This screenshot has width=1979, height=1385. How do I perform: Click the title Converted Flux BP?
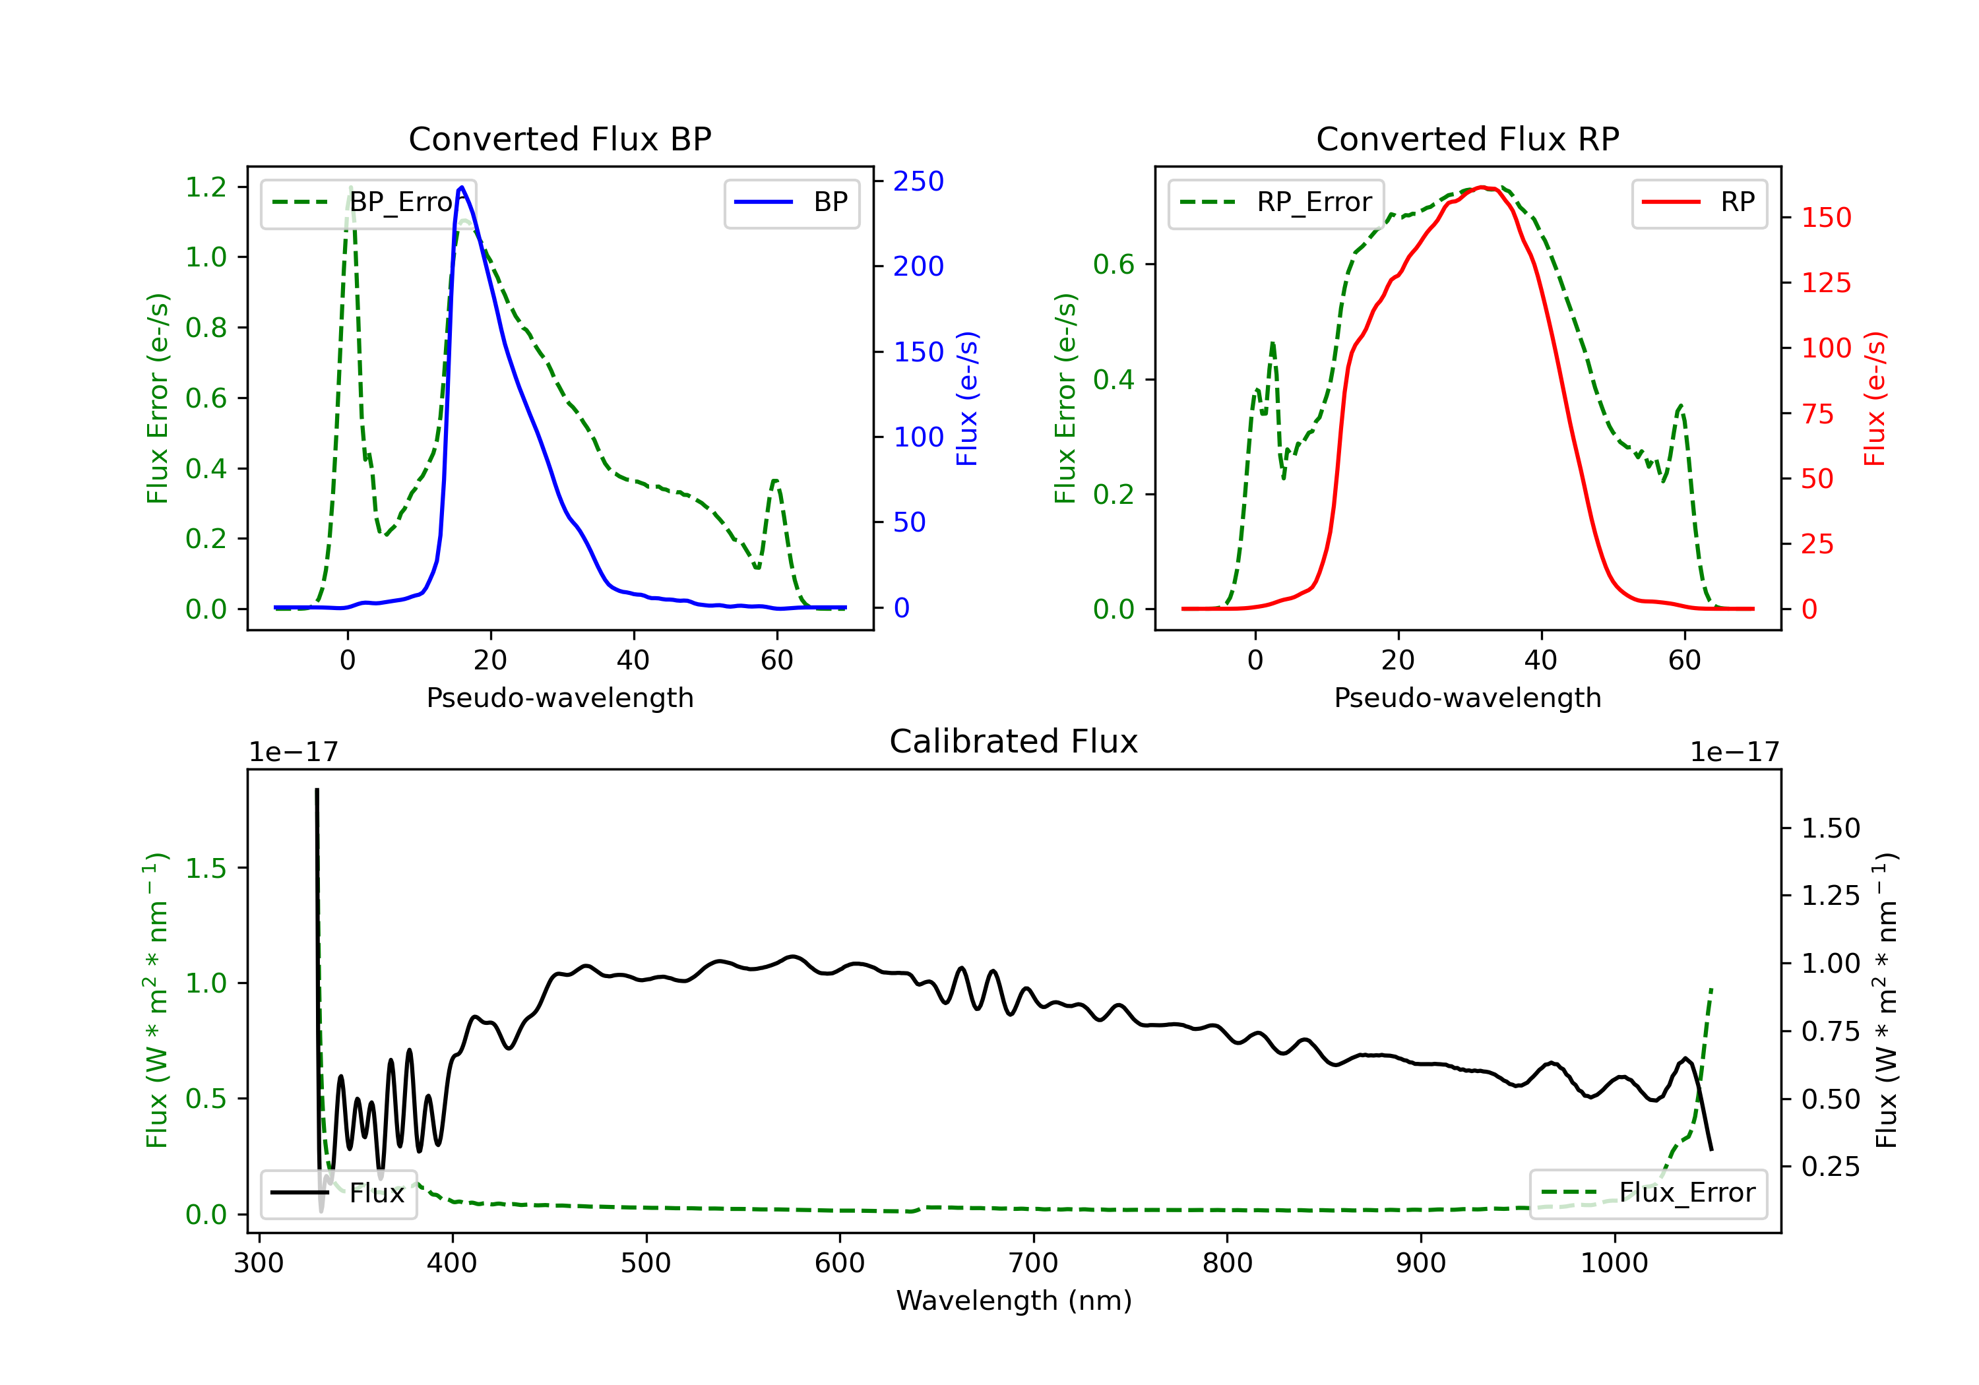[559, 138]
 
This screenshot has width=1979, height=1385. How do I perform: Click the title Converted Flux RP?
[1467, 138]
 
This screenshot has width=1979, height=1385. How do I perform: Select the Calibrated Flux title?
[1014, 741]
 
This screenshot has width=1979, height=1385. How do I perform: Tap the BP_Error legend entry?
[368, 202]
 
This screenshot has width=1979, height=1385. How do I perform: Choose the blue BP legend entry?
[791, 202]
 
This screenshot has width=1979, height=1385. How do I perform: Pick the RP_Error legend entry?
[1276, 202]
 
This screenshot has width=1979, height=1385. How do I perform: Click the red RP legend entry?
[1699, 202]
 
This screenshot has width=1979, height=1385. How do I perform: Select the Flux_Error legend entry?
[1647, 1194]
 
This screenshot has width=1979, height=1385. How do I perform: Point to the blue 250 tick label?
[918, 181]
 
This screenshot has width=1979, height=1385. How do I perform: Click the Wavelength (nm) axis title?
[1014, 1301]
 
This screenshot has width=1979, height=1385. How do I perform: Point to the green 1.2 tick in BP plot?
[206, 187]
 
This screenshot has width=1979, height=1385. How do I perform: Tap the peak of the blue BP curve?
[462, 187]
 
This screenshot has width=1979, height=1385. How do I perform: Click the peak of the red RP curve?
[1482, 187]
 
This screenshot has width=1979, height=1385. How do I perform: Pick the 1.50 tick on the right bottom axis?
[1831, 828]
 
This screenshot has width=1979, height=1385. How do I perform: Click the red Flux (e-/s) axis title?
[1875, 398]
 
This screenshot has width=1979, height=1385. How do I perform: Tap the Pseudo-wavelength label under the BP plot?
[560, 697]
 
